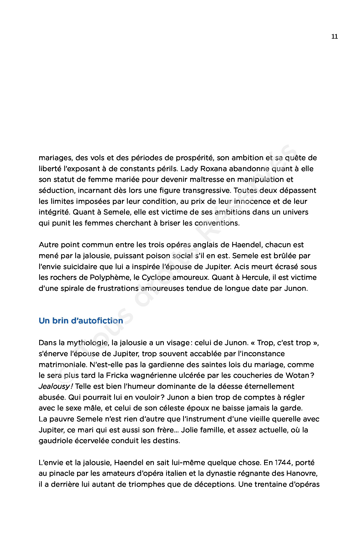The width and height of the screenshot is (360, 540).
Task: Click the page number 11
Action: [x=334, y=37]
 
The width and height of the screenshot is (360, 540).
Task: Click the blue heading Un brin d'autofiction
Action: [x=81, y=321]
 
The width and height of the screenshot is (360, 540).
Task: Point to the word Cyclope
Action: [x=156, y=277]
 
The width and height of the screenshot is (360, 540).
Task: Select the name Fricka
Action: [x=117, y=375]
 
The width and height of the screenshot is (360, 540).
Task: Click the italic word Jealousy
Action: [x=54, y=386]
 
